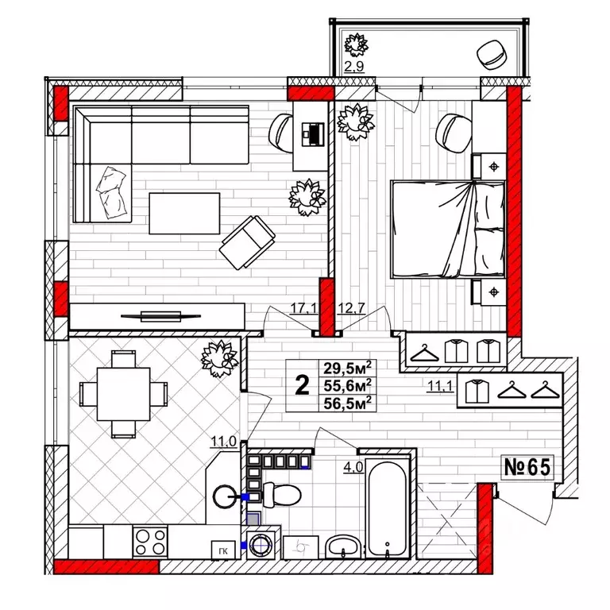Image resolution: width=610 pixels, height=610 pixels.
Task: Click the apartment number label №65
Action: click(527, 467)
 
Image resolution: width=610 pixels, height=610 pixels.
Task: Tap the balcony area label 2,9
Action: click(354, 67)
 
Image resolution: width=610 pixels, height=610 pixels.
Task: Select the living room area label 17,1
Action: click(303, 308)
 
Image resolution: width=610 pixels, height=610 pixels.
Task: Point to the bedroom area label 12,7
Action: click(351, 308)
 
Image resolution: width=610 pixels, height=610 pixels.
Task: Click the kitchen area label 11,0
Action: click(224, 442)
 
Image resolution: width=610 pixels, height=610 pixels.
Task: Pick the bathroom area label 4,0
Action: click(353, 467)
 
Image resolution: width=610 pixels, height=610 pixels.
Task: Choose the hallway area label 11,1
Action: click(440, 386)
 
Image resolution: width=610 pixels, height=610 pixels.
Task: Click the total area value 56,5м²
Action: click(347, 403)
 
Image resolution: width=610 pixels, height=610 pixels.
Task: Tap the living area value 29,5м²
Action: click(347, 367)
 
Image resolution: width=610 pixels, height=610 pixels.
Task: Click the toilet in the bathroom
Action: click(282, 495)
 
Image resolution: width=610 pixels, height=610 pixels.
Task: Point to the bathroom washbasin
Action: click(343, 546)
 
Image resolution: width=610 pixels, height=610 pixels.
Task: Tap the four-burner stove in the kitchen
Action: click(150, 542)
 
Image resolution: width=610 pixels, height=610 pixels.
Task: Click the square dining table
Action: click(123, 394)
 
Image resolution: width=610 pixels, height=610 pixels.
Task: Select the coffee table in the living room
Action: click(184, 214)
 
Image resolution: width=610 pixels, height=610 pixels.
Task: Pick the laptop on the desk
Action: click(313, 134)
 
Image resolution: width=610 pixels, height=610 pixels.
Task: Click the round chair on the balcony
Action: click(492, 55)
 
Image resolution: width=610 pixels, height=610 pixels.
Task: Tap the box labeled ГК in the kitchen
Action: click(223, 550)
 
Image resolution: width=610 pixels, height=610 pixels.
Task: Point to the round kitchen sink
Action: click(225, 496)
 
